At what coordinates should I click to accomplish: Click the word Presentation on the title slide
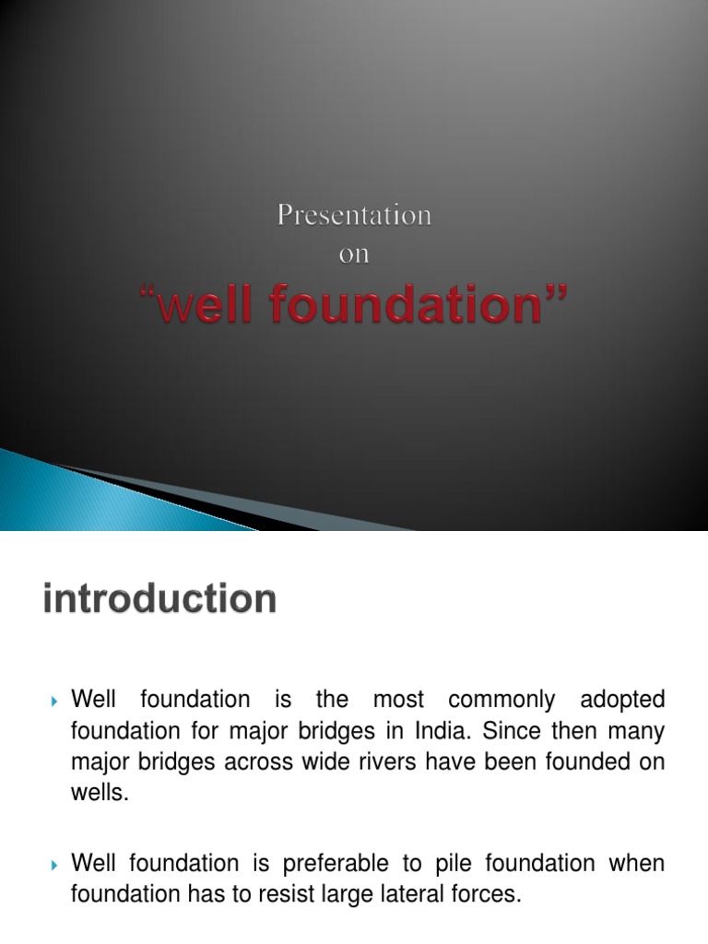click(x=354, y=217)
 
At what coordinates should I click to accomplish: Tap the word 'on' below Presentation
click(x=354, y=255)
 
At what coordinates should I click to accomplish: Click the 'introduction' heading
click(x=159, y=600)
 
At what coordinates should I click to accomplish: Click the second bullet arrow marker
click(x=53, y=866)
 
